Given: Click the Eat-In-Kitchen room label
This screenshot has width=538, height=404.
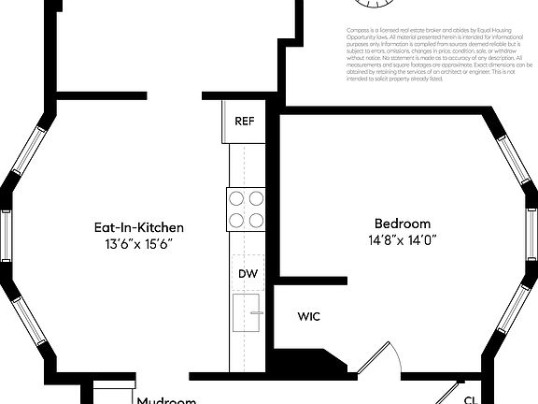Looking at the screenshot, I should pyautogui.click(x=138, y=227).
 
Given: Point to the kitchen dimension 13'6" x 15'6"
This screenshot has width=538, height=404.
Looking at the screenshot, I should pyautogui.click(x=138, y=244).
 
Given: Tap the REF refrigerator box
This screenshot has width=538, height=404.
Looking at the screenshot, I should pyautogui.click(x=245, y=122).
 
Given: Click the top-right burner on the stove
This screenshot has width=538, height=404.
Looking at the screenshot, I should pyautogui.click(x=255, y=198).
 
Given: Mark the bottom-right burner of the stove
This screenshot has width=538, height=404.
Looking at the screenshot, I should pyautogui.click(x=255, y=220).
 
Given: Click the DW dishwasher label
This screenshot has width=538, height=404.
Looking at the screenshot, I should pyautogui.click(x=248, y=274).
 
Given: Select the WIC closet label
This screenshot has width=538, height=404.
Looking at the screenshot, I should pyautogui.click(x=309, y=316).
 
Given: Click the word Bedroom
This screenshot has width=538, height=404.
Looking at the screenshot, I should pyautogui.click(x=403, y=224).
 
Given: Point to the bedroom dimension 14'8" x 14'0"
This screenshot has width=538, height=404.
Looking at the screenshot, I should pyautogui.click(x=403, y=240).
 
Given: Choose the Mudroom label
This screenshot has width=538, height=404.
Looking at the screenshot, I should pyautogui.click(x=166, y=400).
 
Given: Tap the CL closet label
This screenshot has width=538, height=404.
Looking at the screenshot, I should pyautogui.click(x=470, y=399).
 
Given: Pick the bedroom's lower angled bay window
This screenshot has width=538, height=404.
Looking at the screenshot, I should pyautogui.click(x=512, y=309).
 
